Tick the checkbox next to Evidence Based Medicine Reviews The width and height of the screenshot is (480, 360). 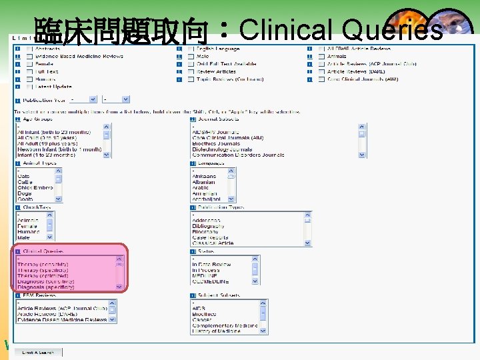(x=29, y=57)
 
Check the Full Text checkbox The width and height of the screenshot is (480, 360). (x=29, y=71)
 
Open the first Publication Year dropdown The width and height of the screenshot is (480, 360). (x=83, y=99)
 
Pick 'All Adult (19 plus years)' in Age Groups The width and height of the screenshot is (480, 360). (x=47, y=143)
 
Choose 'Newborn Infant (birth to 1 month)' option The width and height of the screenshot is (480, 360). (x=53, y=149)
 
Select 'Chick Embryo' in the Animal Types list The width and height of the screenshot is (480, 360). (x=35, y=188)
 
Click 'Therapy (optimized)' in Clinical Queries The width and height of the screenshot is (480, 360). (x=47, y=275)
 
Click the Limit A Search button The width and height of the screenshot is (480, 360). (x=39, y=351)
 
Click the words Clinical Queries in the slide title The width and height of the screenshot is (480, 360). (x=340, y=30)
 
